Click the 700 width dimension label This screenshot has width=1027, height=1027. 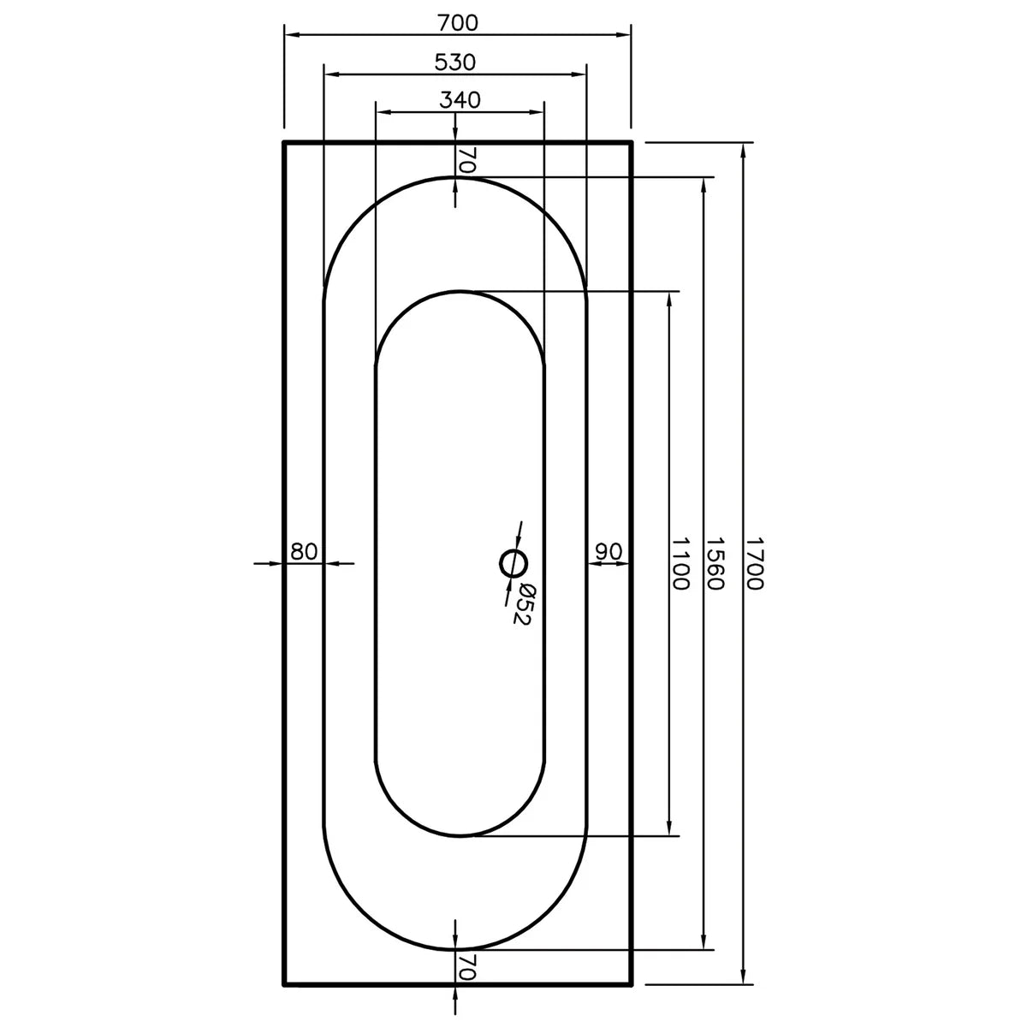457,23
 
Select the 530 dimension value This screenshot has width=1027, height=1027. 454,62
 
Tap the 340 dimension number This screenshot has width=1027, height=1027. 460,100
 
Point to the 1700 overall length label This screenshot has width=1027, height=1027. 754,563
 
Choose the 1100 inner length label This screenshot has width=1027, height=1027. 680,563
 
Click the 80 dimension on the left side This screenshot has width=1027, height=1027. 304,551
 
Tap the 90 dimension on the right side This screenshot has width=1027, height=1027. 608,551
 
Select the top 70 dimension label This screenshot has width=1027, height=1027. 466,160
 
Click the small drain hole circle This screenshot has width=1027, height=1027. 513,562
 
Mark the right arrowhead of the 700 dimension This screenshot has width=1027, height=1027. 625,35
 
